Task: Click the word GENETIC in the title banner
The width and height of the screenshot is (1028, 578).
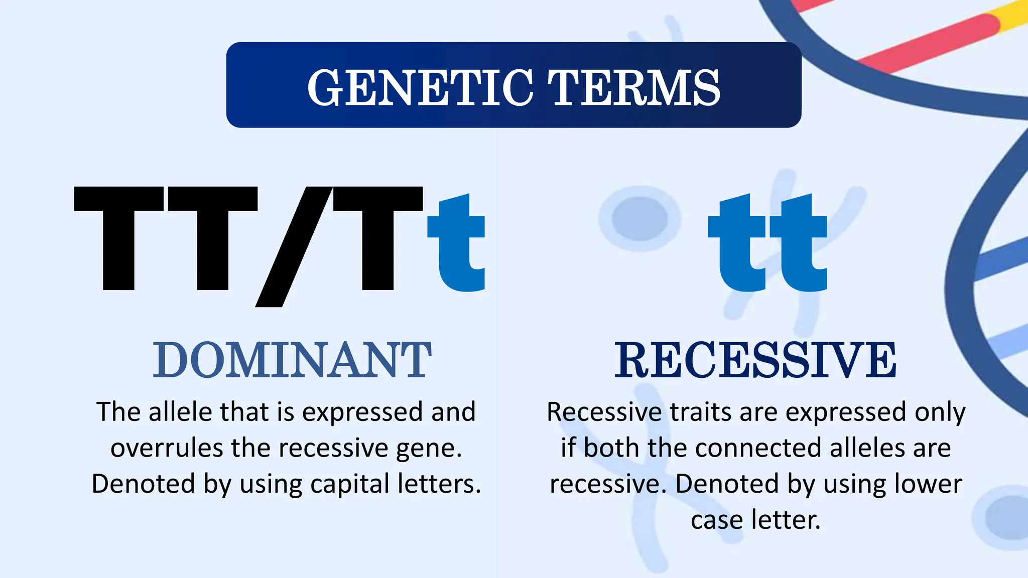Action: pyautogui.click(x=420, y=88)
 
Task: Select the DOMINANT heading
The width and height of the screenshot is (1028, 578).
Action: pyautogui.click(x=292, y=360)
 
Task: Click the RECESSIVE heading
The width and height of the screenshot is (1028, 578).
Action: pyautogui.click(x=755, y=360)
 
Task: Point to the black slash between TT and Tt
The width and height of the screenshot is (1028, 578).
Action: pyautogui.click(x=294, y=246)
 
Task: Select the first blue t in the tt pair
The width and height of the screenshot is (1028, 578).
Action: pyautogui.click(x=738, y=246)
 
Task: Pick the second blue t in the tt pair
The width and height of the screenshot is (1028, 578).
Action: pyautogui.click(x=798, y=246)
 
